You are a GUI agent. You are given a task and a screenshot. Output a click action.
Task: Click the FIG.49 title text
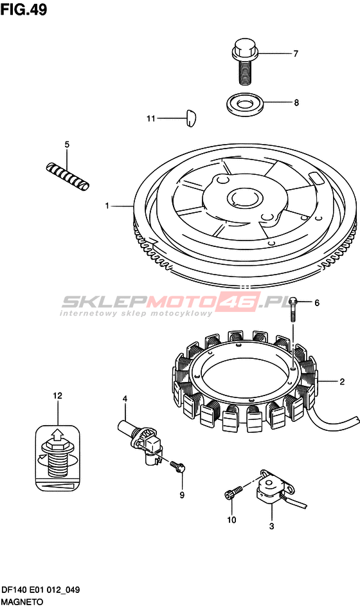coord(24,10)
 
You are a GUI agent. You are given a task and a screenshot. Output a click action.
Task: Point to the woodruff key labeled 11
coord(190,118)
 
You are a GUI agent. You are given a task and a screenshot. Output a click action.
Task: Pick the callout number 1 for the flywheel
coord(107,206)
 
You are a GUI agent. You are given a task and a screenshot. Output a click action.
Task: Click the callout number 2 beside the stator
coord(342,382)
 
